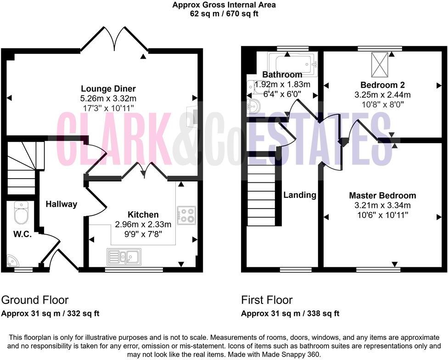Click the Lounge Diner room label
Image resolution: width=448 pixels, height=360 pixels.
tap(108, 89)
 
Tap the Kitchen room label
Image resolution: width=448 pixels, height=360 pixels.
tap(143, 214)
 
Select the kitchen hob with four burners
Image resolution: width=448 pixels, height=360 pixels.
tap(186, 215)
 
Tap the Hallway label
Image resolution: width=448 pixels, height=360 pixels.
tap(61, 204)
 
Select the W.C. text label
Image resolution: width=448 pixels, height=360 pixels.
tap(22, 234)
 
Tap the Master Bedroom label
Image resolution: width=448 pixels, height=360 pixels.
tap(382, 195)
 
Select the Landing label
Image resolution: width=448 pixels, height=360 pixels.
tap(299, 195)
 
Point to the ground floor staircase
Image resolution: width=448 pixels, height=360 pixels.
tap(23, 168)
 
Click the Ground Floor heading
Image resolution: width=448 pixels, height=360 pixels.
tap(35, 300)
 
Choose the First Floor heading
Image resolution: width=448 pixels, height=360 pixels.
tap(267, 300)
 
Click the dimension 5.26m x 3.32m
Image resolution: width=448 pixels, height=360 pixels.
tap(108, 98)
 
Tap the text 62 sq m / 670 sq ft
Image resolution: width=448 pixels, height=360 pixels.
tap(224, 14)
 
